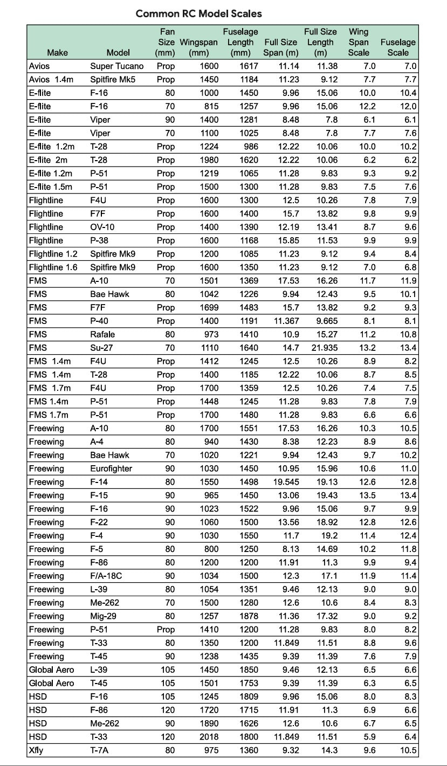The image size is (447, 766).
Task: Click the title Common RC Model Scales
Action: (198, 13)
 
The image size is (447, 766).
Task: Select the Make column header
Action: (58, 53)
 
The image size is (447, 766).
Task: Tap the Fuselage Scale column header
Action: (398, 47)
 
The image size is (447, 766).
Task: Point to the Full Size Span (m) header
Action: (280, 47)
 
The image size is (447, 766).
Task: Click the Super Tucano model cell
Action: (117, 66)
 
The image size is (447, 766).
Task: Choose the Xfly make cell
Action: (36, 750)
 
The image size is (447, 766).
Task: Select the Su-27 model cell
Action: (101, 348)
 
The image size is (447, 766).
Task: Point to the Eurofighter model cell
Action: (111, 468)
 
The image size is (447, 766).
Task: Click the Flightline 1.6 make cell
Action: (55, 267)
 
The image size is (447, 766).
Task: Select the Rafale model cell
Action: (102, 334)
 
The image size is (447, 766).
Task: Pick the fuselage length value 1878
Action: (247, 616)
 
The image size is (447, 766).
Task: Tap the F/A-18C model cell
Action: (106, 576)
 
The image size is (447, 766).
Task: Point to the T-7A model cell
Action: (100, 750)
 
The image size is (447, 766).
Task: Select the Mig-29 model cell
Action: (102, 616)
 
